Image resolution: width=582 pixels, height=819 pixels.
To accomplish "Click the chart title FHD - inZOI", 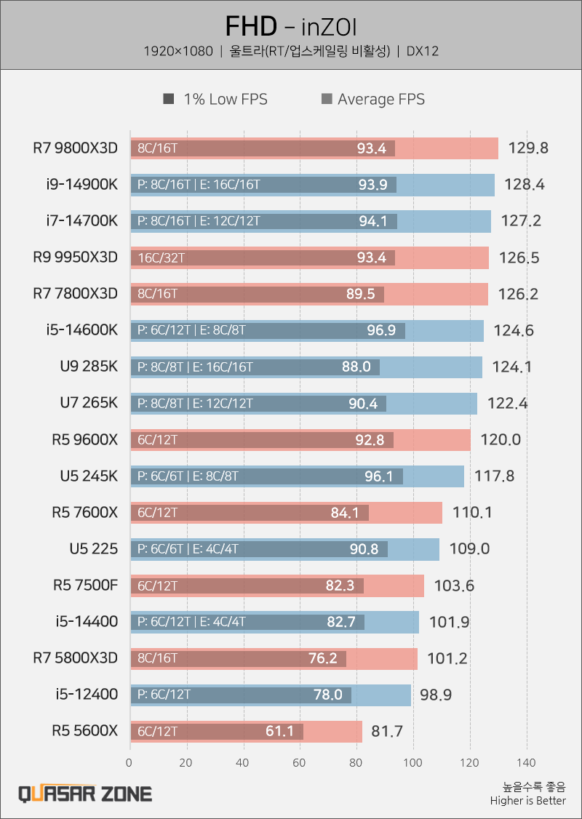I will point(291,27).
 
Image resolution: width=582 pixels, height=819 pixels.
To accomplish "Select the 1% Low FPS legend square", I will point(169,99).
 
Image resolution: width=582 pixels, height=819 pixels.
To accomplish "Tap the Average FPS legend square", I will point(326,99).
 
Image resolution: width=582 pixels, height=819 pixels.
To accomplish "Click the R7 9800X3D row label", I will point(75,148).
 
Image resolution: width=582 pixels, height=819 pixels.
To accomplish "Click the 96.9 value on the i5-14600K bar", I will point(381,331).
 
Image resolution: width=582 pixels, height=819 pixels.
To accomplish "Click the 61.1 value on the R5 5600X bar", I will point(279,731).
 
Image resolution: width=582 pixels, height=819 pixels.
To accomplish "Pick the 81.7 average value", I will point(387,731).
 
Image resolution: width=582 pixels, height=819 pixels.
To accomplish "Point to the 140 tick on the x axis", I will point(526,763).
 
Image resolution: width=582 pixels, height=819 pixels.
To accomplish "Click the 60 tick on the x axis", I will point(300,763).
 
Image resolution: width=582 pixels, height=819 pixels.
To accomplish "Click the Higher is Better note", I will point(528,801).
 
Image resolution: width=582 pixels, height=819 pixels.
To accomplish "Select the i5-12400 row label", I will point(87,695).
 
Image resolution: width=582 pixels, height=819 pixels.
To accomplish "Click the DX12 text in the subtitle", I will point(423,51).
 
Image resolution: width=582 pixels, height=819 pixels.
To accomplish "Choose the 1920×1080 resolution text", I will point(178,51).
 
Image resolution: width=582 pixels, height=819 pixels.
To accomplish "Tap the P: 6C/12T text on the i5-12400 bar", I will point(164,695).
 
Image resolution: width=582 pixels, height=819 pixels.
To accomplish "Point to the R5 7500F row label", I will point(85,586).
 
